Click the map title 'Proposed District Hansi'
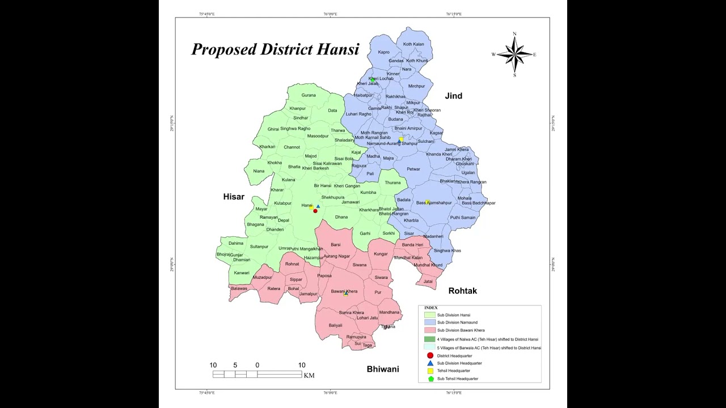pyautogui.click(x=275, y=49)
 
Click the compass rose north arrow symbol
pyautogui.click(x=514, y=54)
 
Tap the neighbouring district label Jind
pyautogui.click(x=453, y=96)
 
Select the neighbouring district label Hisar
pyautogui.click(x=234, y=197)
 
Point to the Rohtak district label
pyautogui.click(x=462, y=291)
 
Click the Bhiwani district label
pyautogui.click(x=382, y=369)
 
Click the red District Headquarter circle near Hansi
pyautogui.click(x=315, y=211)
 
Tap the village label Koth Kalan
pyautogui.click(x=413, y=44)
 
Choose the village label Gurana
pyautogui.click(x=309, y=95)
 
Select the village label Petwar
pyautogui.click(x=413, y=169)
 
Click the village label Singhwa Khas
pyautogui.click(x=447, y=250)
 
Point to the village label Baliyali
pyautogui.click(x=335, y=325)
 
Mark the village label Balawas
pyautogui.click(x=239, y=289)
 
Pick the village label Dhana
pyautogui.click(x=341, y=217)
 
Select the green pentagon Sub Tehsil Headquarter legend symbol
pyautogui.click(x=430, y=379)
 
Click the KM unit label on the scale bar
pyautogui.click(x=309, y=375)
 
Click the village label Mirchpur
pyautogui.click(x=416, y=86)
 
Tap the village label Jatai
pyautogui.click(x=428, y=281)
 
